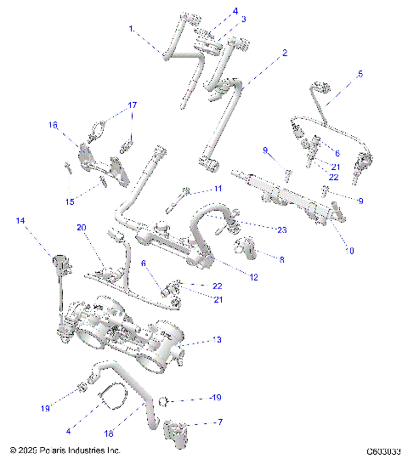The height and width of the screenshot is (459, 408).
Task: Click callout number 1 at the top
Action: click(132, 28)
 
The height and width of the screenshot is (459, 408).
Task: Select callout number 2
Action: click(285, 53)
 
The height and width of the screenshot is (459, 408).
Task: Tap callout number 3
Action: click(219, 19)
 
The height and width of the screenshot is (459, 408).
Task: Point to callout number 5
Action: click(360, 74)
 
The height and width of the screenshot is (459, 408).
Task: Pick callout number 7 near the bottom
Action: click(220, 422)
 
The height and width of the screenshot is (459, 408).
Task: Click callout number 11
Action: click(218, 188)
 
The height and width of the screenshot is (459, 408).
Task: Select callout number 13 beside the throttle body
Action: click(218, 340)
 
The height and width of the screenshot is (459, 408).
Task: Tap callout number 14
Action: click(20, 221)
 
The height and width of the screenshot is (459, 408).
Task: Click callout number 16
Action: click(53, 125)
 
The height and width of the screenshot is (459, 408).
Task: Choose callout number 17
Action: click(132, 105)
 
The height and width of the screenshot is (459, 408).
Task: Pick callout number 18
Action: click(109, 434)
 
